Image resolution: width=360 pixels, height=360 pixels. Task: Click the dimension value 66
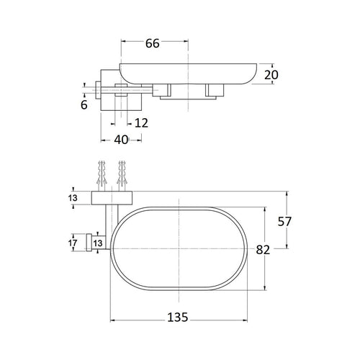click(x=153, y=43)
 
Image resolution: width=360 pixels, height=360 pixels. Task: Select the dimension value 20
click(x=271, y=75)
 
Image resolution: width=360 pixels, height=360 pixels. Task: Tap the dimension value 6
click(x=84, y=105)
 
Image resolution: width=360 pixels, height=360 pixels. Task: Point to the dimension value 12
click(x=141, y=123)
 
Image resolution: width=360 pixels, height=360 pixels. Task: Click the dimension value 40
click(x=121, y=140)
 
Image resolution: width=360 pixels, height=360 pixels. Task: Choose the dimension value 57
click(x=284, y=222)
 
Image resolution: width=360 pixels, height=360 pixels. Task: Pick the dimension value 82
click(x=263, y=250)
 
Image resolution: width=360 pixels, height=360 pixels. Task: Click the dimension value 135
click(x=178, y=318)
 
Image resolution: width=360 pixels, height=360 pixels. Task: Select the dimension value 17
click(x=73, y=243)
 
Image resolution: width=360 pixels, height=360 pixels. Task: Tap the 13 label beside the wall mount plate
click(x=73, y=198)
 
